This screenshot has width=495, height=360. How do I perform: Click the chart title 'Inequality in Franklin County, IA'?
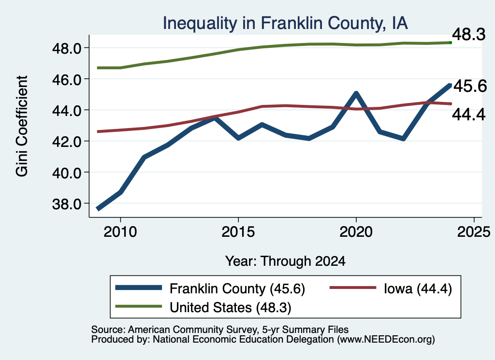285,23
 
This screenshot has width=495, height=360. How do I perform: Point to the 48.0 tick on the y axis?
67,48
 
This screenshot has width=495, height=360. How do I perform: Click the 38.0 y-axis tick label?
67,204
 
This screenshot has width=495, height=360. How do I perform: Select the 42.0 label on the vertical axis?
67,142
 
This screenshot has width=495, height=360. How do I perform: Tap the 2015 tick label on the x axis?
238,232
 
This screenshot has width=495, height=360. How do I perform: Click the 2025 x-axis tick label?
474,232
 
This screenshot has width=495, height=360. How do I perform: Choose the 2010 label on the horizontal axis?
120,232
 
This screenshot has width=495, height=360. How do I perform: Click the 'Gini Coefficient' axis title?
22,126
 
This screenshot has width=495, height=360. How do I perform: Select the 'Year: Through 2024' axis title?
285,261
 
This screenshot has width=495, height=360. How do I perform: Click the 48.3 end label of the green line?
469,34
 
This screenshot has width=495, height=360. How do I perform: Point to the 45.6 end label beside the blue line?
470,86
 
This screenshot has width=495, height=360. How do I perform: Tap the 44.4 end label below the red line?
469,115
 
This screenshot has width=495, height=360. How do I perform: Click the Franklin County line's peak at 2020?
356,93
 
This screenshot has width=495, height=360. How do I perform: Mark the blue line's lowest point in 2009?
98,209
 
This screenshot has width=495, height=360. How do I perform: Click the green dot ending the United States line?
451,43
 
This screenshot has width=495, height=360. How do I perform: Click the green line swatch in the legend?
139,306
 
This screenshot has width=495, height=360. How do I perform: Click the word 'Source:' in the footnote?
109,330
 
